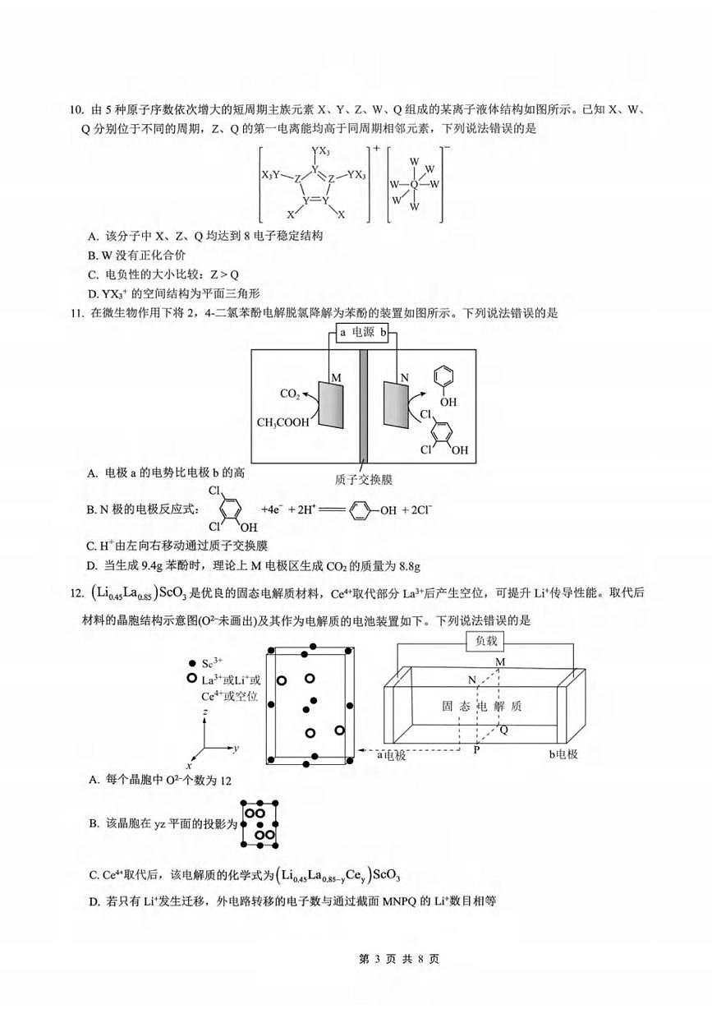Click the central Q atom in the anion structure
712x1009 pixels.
click(x=414, y=184)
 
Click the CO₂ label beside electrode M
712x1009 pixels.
click(x=290, y=394)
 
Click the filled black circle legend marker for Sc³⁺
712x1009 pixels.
click(x=191, y=663)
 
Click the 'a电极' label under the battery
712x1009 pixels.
click(x=392, y=754)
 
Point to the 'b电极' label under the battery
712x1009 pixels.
click(x=563, y=753)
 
